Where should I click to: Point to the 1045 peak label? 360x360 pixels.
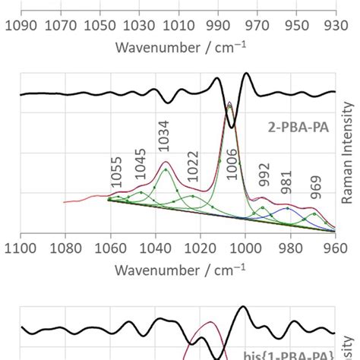tap(140, 170)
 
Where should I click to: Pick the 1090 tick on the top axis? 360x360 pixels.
tap(21, 26)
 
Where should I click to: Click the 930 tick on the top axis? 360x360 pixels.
tap(336, 26)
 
